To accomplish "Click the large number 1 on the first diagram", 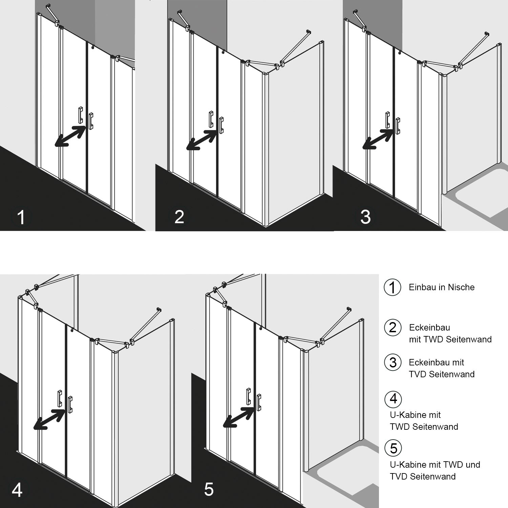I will (21, 217).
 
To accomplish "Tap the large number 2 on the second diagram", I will (179, 217).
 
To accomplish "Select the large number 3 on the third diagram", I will (365, 217).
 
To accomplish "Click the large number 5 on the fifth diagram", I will (209, 489).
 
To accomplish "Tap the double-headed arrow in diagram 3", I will (378, 139).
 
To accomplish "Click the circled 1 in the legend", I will (392, 288).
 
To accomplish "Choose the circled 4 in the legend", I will (393, 399).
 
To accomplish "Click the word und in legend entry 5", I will (473, 465).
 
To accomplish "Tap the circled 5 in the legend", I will (393, 448).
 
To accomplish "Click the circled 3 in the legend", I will (393, 362).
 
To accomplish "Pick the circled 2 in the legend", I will (393, 327).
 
